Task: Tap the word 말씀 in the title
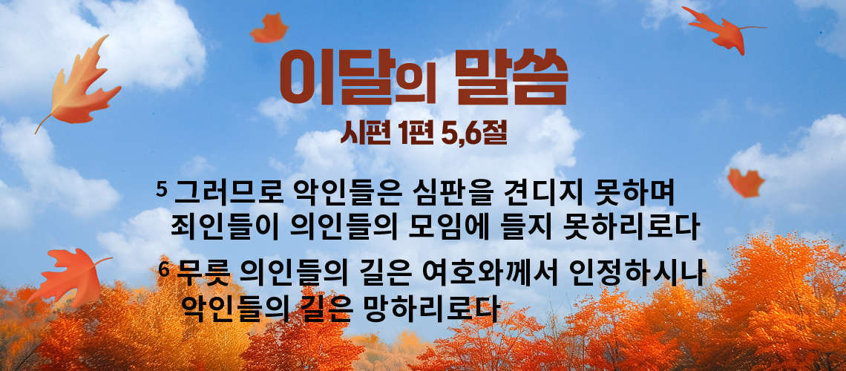[511, 76]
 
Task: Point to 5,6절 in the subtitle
[473, 134]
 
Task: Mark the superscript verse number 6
[164, 269]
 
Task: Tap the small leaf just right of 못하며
[746, 183]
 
